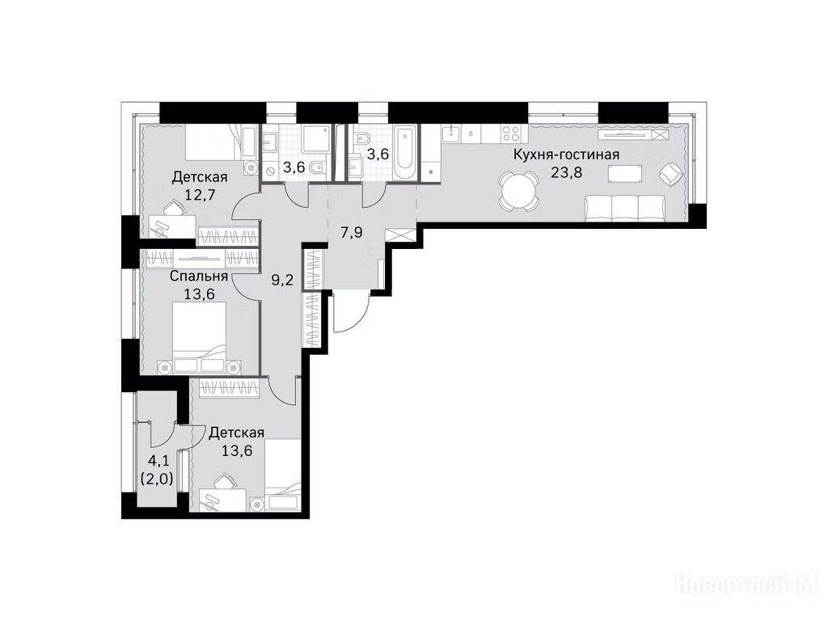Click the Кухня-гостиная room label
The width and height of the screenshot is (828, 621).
coord(566,154)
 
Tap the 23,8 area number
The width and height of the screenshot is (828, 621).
coord(566,172)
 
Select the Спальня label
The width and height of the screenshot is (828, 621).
coord(199,277)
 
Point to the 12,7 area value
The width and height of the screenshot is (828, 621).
coord(200,195)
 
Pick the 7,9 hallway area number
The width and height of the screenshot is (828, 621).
coord(351,232)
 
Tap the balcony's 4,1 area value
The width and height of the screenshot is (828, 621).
coord(158,462)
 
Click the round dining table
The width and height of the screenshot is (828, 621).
coord(519,191)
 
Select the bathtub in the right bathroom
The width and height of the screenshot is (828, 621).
coord(406,153)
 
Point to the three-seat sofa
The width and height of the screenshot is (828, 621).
coord(625,208)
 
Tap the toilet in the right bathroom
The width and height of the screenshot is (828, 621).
coord(363,141)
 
